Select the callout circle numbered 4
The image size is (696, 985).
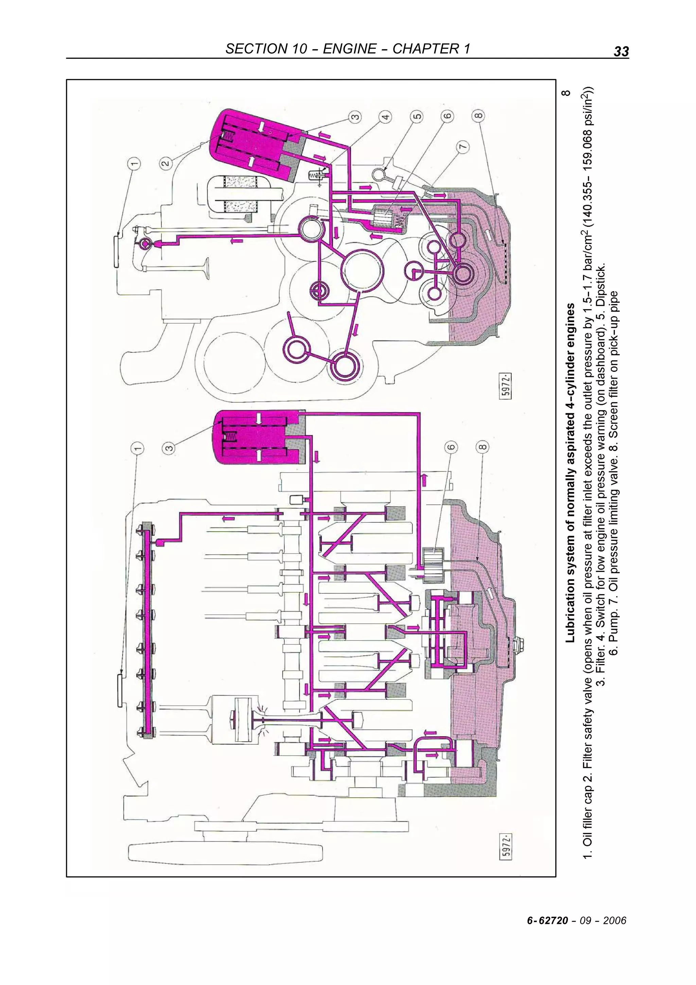tap(385, 116)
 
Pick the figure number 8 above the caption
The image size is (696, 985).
tap(567, 93)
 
